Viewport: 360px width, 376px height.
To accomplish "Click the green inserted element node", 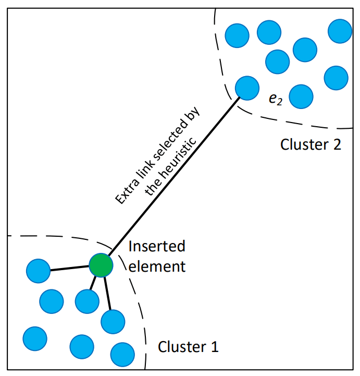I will [101, 265].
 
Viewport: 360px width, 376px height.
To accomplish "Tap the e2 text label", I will [275, 99].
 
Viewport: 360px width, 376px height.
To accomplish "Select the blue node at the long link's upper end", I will [247, 87].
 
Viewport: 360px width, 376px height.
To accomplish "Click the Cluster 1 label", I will [188, 346].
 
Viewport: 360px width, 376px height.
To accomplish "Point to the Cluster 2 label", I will [311, 144].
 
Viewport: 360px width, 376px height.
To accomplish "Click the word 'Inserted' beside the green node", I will [156, 246].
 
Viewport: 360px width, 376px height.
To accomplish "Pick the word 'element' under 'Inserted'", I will [156, 266].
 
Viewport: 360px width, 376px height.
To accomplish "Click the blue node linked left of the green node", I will [38, 271].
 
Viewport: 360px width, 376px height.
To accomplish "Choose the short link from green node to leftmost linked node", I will [69, 268].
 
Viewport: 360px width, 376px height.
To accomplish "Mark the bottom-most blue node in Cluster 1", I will [122, 354].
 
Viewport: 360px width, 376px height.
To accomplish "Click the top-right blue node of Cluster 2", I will [340, 31].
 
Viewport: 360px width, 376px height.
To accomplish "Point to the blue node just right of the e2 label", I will [301, 96].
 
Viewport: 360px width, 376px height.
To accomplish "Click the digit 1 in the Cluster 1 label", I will [214, 346].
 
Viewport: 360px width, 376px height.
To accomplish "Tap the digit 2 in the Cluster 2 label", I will [336, 144].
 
